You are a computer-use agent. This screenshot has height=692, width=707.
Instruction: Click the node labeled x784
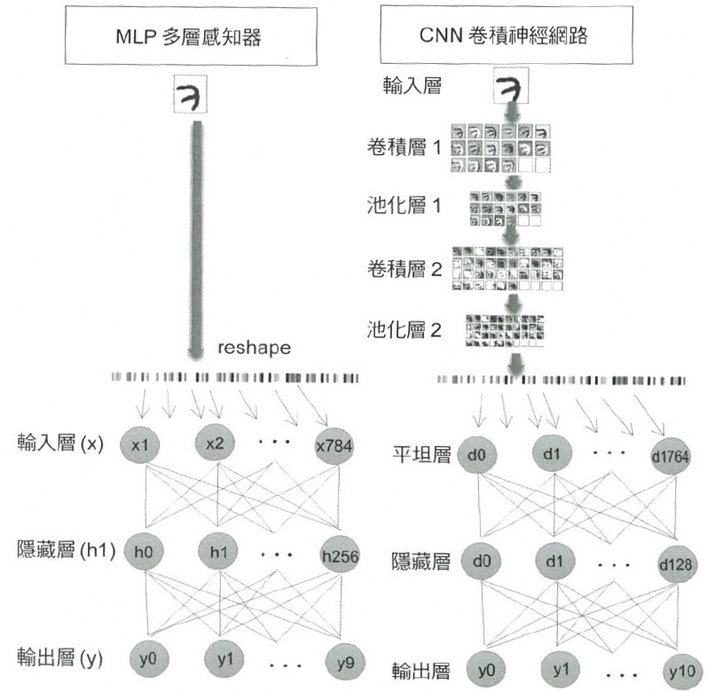click(334, 446)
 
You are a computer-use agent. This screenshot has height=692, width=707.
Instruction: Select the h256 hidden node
click(340, 555)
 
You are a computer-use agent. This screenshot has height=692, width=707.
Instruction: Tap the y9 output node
click(345, 663)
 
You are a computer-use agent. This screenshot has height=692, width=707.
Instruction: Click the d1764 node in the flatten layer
click(671, 456)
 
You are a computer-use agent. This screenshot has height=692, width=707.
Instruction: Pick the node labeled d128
click(675, 564)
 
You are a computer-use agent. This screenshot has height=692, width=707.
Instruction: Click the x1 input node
click(140, 445)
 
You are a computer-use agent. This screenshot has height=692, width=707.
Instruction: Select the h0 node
click(143, 551)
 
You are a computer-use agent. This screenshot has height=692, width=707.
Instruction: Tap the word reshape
click(255, 348)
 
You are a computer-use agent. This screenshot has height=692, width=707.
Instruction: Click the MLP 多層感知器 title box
click(191, 36)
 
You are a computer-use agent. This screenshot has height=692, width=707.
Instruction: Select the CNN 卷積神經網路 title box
click(507, 35)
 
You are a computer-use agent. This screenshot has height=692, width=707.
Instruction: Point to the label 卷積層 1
click(404, 147)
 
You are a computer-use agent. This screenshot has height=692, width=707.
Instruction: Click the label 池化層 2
click(404, 330)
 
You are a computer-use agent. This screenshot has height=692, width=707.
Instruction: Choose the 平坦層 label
click(421, 454)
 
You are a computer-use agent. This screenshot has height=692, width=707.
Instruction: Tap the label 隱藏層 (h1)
click(66, 550)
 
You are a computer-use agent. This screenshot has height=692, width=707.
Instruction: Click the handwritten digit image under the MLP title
click(191, 95)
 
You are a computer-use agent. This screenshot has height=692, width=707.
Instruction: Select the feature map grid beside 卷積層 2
click(507, 269)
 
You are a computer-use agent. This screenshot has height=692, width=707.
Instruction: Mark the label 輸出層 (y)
click(60, 657)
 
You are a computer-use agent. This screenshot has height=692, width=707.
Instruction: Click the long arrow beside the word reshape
click(197, 241)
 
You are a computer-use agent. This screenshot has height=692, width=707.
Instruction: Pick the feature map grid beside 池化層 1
click(506, 208)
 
